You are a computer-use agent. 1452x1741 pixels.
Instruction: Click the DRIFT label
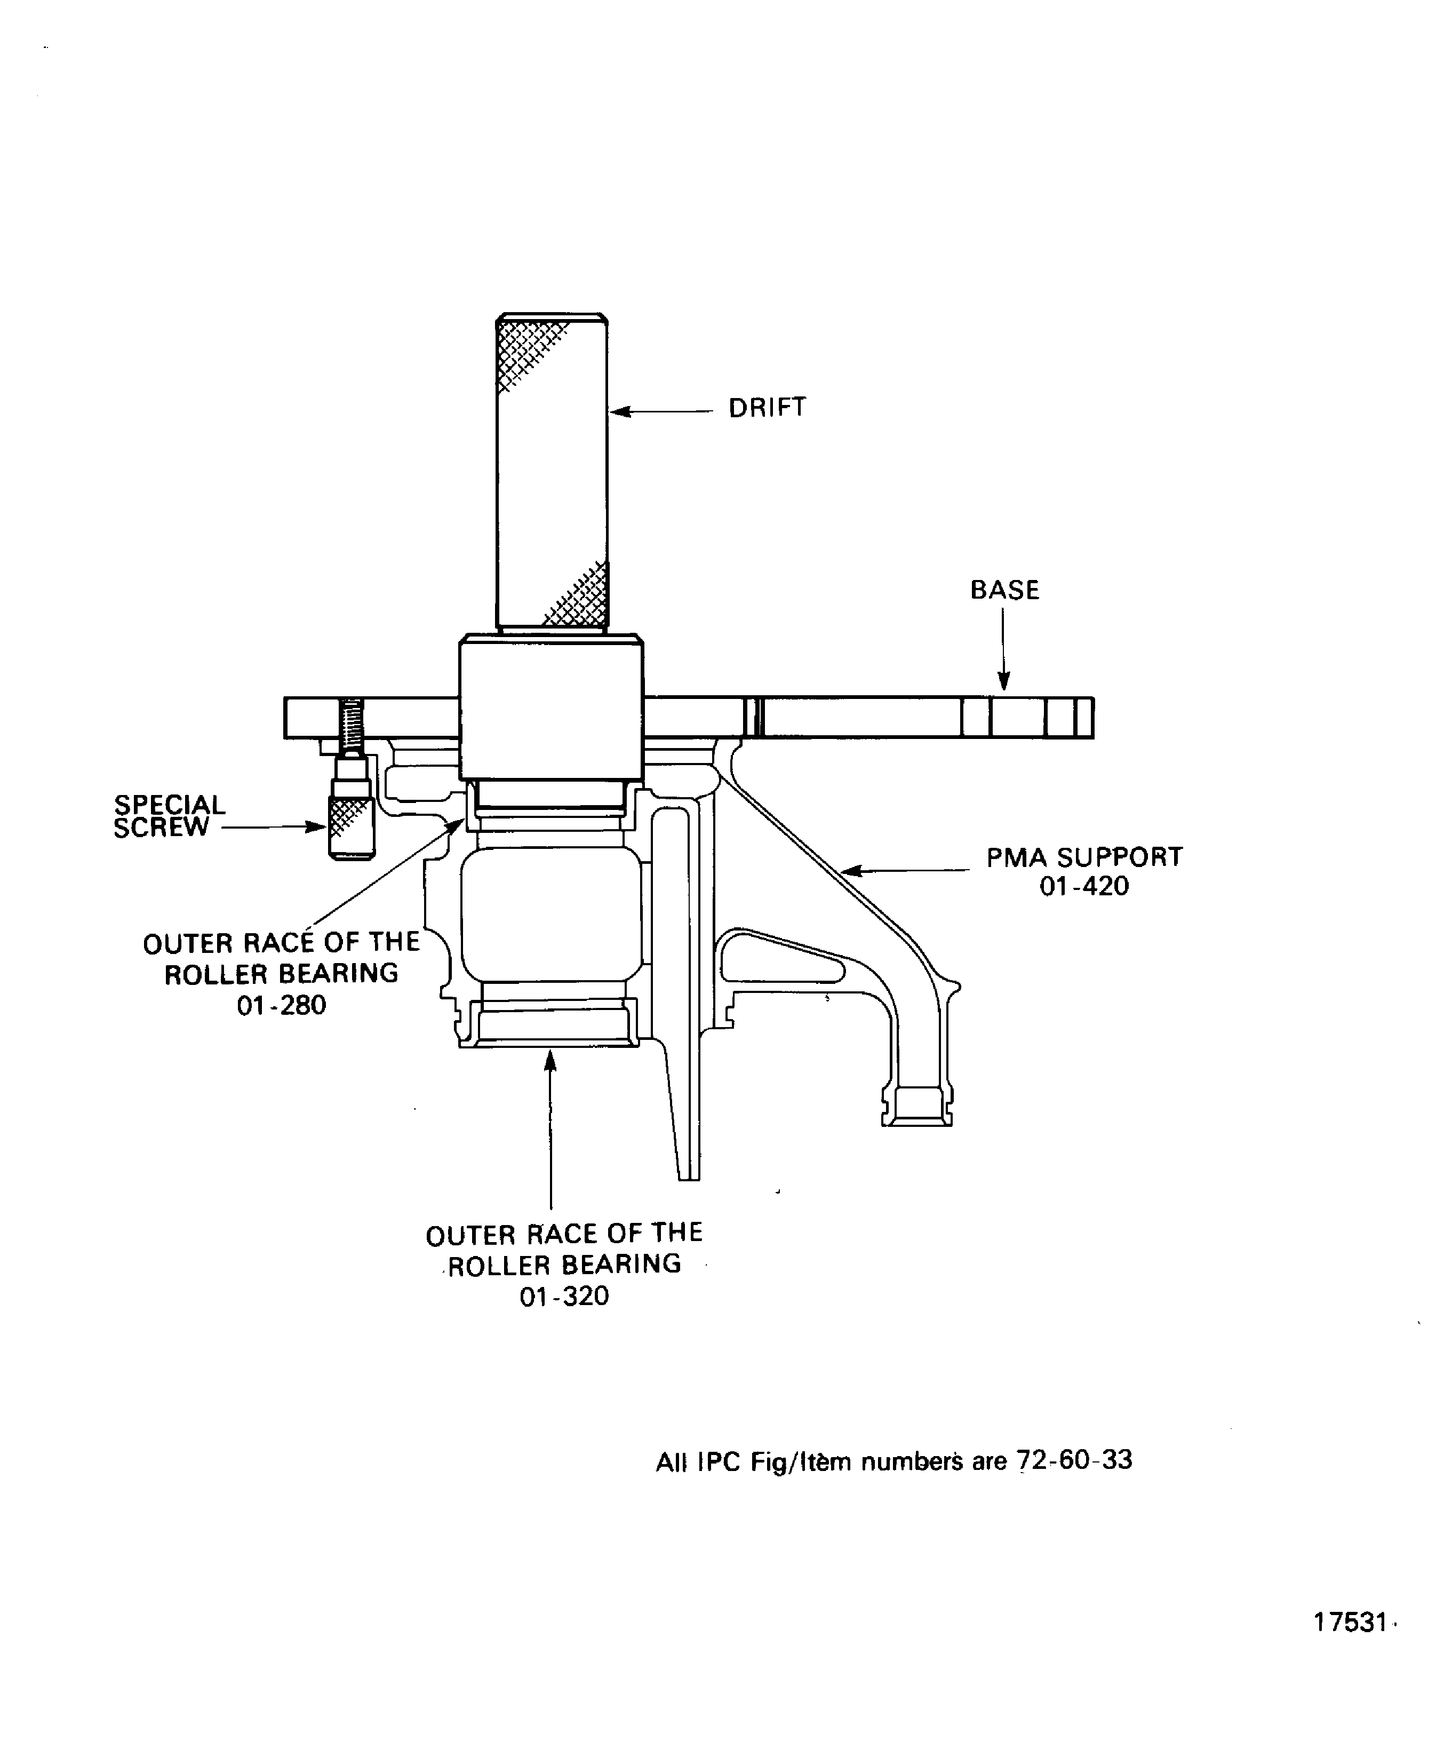[x=767, y=407]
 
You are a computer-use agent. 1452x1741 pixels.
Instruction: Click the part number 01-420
[x=1084, y=886]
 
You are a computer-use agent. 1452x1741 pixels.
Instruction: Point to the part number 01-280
[x=281, y=1006]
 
